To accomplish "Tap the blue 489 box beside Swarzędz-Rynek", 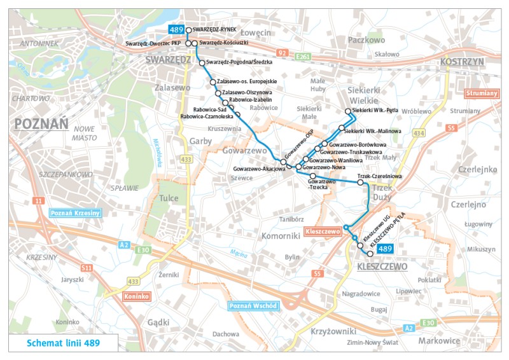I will (176, 29).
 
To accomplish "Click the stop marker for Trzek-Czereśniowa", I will (361, 183).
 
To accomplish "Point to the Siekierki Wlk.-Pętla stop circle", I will (348, 111).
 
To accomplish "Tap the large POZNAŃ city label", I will (41, 124).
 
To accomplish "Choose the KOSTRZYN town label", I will (463, 61).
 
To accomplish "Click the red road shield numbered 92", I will (282, 52).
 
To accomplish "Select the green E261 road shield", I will (303, 57).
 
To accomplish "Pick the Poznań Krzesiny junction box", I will (74, 213).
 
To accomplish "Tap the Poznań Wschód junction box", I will (253, 306).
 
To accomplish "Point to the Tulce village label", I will (169, 197).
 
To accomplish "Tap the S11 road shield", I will (87, 268).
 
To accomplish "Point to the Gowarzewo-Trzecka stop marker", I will (312, 176).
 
